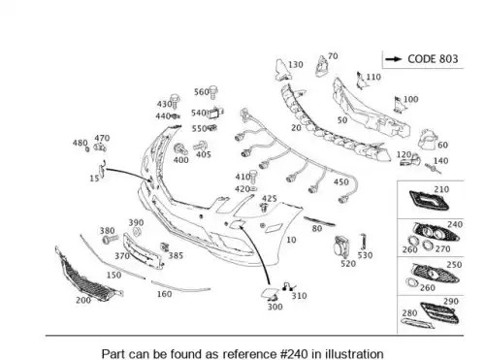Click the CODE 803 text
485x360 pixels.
coord(433,59)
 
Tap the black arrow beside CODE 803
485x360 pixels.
coord(393,59)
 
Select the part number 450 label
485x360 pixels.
coord(341,182)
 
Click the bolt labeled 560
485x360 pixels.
coord(212,92)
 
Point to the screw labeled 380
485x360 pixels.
coord(111,240)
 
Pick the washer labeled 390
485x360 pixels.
coord(137,231)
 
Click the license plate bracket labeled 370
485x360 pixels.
coord(143,251)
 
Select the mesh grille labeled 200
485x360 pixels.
coord(87,275)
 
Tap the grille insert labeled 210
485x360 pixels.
coord(429,201)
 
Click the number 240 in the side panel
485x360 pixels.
coord(455,224)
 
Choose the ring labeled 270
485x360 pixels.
coord(428,245)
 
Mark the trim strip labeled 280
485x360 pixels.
coord(418,323)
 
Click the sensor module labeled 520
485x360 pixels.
coord(341,247)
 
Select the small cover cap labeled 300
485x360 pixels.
coord(270,293)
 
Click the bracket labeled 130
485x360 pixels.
coord(282,70)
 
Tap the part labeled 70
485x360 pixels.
coord(322,66)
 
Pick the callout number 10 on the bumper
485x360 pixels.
coord(291,240)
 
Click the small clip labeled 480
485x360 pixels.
coord(87,149)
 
